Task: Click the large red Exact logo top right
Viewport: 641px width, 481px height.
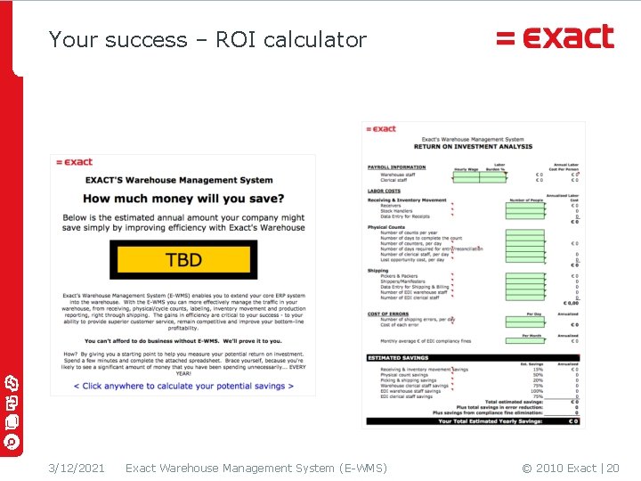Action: tap(555, 37)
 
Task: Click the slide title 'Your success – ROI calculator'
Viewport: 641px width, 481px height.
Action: tap(207, 40)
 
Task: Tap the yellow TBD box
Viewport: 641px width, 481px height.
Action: tap(183, 260)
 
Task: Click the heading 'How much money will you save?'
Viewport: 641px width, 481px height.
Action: tap(183, 199)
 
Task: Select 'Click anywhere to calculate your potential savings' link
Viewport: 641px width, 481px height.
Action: tap(183, 386)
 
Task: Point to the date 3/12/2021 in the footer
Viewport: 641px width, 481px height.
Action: tap(77, 468)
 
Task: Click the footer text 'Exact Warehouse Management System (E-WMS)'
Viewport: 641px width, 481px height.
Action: tap(256, 468)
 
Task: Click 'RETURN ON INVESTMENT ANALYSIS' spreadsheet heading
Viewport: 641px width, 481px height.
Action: tap(473, 146)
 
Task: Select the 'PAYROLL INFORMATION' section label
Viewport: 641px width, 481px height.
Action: tap(396, 167)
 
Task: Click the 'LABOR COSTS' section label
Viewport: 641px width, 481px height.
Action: tap(385, 191)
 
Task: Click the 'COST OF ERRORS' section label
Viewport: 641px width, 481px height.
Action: tap(388, 314)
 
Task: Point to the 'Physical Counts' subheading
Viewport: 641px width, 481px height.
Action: tap(385, 227)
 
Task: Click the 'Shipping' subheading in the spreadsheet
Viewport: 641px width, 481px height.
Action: tap(378, 271)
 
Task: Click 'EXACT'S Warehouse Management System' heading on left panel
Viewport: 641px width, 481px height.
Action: tap(178, 181)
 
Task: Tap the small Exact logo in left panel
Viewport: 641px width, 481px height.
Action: tap(75, 162)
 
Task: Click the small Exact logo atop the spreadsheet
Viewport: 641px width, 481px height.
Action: tap(381, 129)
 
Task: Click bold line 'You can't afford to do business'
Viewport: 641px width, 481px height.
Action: tap(183, 341)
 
